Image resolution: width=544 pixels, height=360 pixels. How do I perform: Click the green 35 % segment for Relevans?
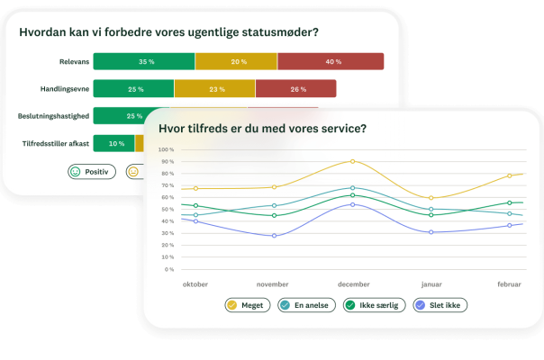[144, 61]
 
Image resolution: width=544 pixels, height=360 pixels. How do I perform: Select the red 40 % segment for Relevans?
[331, 61]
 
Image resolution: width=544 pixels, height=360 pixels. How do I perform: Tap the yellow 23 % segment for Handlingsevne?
[214, 89]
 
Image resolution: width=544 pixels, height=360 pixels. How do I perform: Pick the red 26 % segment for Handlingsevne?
[296, 89]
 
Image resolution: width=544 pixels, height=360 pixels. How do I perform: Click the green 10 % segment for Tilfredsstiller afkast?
[113, 143]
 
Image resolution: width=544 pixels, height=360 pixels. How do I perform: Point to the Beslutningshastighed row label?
[53, 116]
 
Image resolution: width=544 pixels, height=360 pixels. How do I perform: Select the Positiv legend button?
[92, 172]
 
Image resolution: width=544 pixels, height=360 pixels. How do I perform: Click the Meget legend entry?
[248, 305]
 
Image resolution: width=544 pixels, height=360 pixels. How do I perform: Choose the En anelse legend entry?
[307, 305]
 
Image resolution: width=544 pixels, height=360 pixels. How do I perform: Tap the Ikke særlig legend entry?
[375, 305]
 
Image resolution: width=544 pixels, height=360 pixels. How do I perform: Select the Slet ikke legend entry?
[440, 305]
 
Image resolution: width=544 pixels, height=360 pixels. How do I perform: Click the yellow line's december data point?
[352, 161]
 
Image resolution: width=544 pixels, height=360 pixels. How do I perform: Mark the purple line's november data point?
[274, 236]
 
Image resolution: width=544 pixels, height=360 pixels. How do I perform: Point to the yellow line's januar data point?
[431, 198]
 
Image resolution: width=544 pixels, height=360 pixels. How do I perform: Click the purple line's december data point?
[352, 204]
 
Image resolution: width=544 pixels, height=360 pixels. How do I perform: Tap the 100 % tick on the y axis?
[166, 149]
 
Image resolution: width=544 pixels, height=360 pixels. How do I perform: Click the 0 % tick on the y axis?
[169, 269]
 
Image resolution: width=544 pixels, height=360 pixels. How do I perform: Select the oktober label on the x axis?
[195, 284]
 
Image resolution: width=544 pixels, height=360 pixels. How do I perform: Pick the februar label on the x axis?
[509, 284]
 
